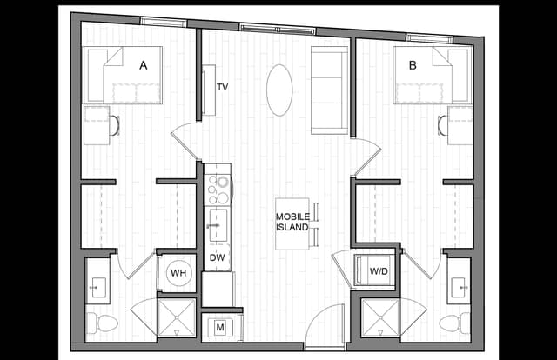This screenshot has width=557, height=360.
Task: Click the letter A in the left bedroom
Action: (x=143, y=63)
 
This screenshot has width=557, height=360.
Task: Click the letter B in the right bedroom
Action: (x=413, y=63)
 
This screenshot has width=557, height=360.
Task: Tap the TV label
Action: (x=222, y=88)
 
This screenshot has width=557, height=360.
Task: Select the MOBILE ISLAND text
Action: (x=292, y=222)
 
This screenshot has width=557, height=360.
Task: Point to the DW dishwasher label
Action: (x=218, y=257)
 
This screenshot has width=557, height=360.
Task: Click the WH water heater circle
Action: (x=178, y=273)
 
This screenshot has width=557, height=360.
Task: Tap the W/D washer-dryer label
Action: (x=379, y=271)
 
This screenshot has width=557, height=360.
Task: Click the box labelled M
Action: (x=220, y=327)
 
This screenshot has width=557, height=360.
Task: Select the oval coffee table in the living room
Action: (x=279, y=90)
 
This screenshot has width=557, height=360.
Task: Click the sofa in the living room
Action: (x=328, y=90)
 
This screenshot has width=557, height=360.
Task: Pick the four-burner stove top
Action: (x=218, y=189)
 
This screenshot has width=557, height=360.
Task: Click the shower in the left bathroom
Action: (x=178, y=318)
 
